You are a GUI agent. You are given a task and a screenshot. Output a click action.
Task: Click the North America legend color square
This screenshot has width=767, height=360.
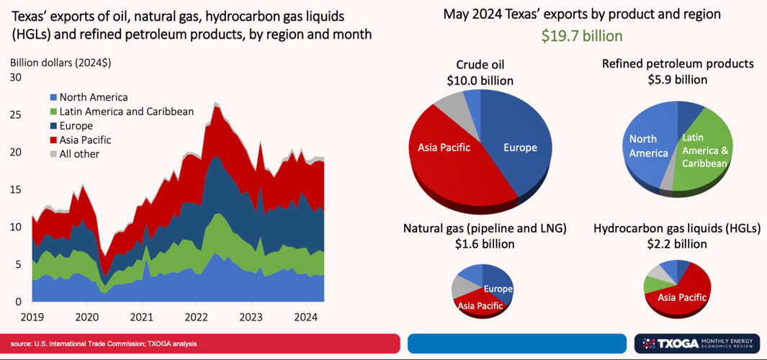pos(53,97)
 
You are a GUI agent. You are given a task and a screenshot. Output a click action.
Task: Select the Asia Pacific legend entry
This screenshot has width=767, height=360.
pos(81,140)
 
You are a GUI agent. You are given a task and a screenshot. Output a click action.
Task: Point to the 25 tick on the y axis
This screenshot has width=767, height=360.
pos(15,115)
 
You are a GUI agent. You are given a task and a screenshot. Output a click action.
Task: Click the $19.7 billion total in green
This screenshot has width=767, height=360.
pos(582,36)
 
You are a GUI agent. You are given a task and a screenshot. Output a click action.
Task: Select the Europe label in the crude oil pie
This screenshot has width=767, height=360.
pos(521,148)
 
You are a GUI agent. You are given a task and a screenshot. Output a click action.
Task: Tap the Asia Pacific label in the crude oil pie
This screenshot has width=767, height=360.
pos(444,147)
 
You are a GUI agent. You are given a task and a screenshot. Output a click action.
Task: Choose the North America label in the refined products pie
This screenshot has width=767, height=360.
pos(648,146)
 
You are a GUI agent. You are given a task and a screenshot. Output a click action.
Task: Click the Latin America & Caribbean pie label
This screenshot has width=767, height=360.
pos(705,150)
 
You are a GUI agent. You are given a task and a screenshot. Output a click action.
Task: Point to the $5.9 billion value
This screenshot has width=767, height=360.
pos(678,80)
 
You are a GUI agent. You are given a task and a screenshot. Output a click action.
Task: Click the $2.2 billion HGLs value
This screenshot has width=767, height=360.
pos(678,244)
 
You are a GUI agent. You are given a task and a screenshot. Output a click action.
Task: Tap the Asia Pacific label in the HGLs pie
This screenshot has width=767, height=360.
pos(682,297)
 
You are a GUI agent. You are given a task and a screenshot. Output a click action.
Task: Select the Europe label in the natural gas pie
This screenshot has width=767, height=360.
pos(498,289)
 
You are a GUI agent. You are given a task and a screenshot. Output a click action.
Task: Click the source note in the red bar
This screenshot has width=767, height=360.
pos(103,344)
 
